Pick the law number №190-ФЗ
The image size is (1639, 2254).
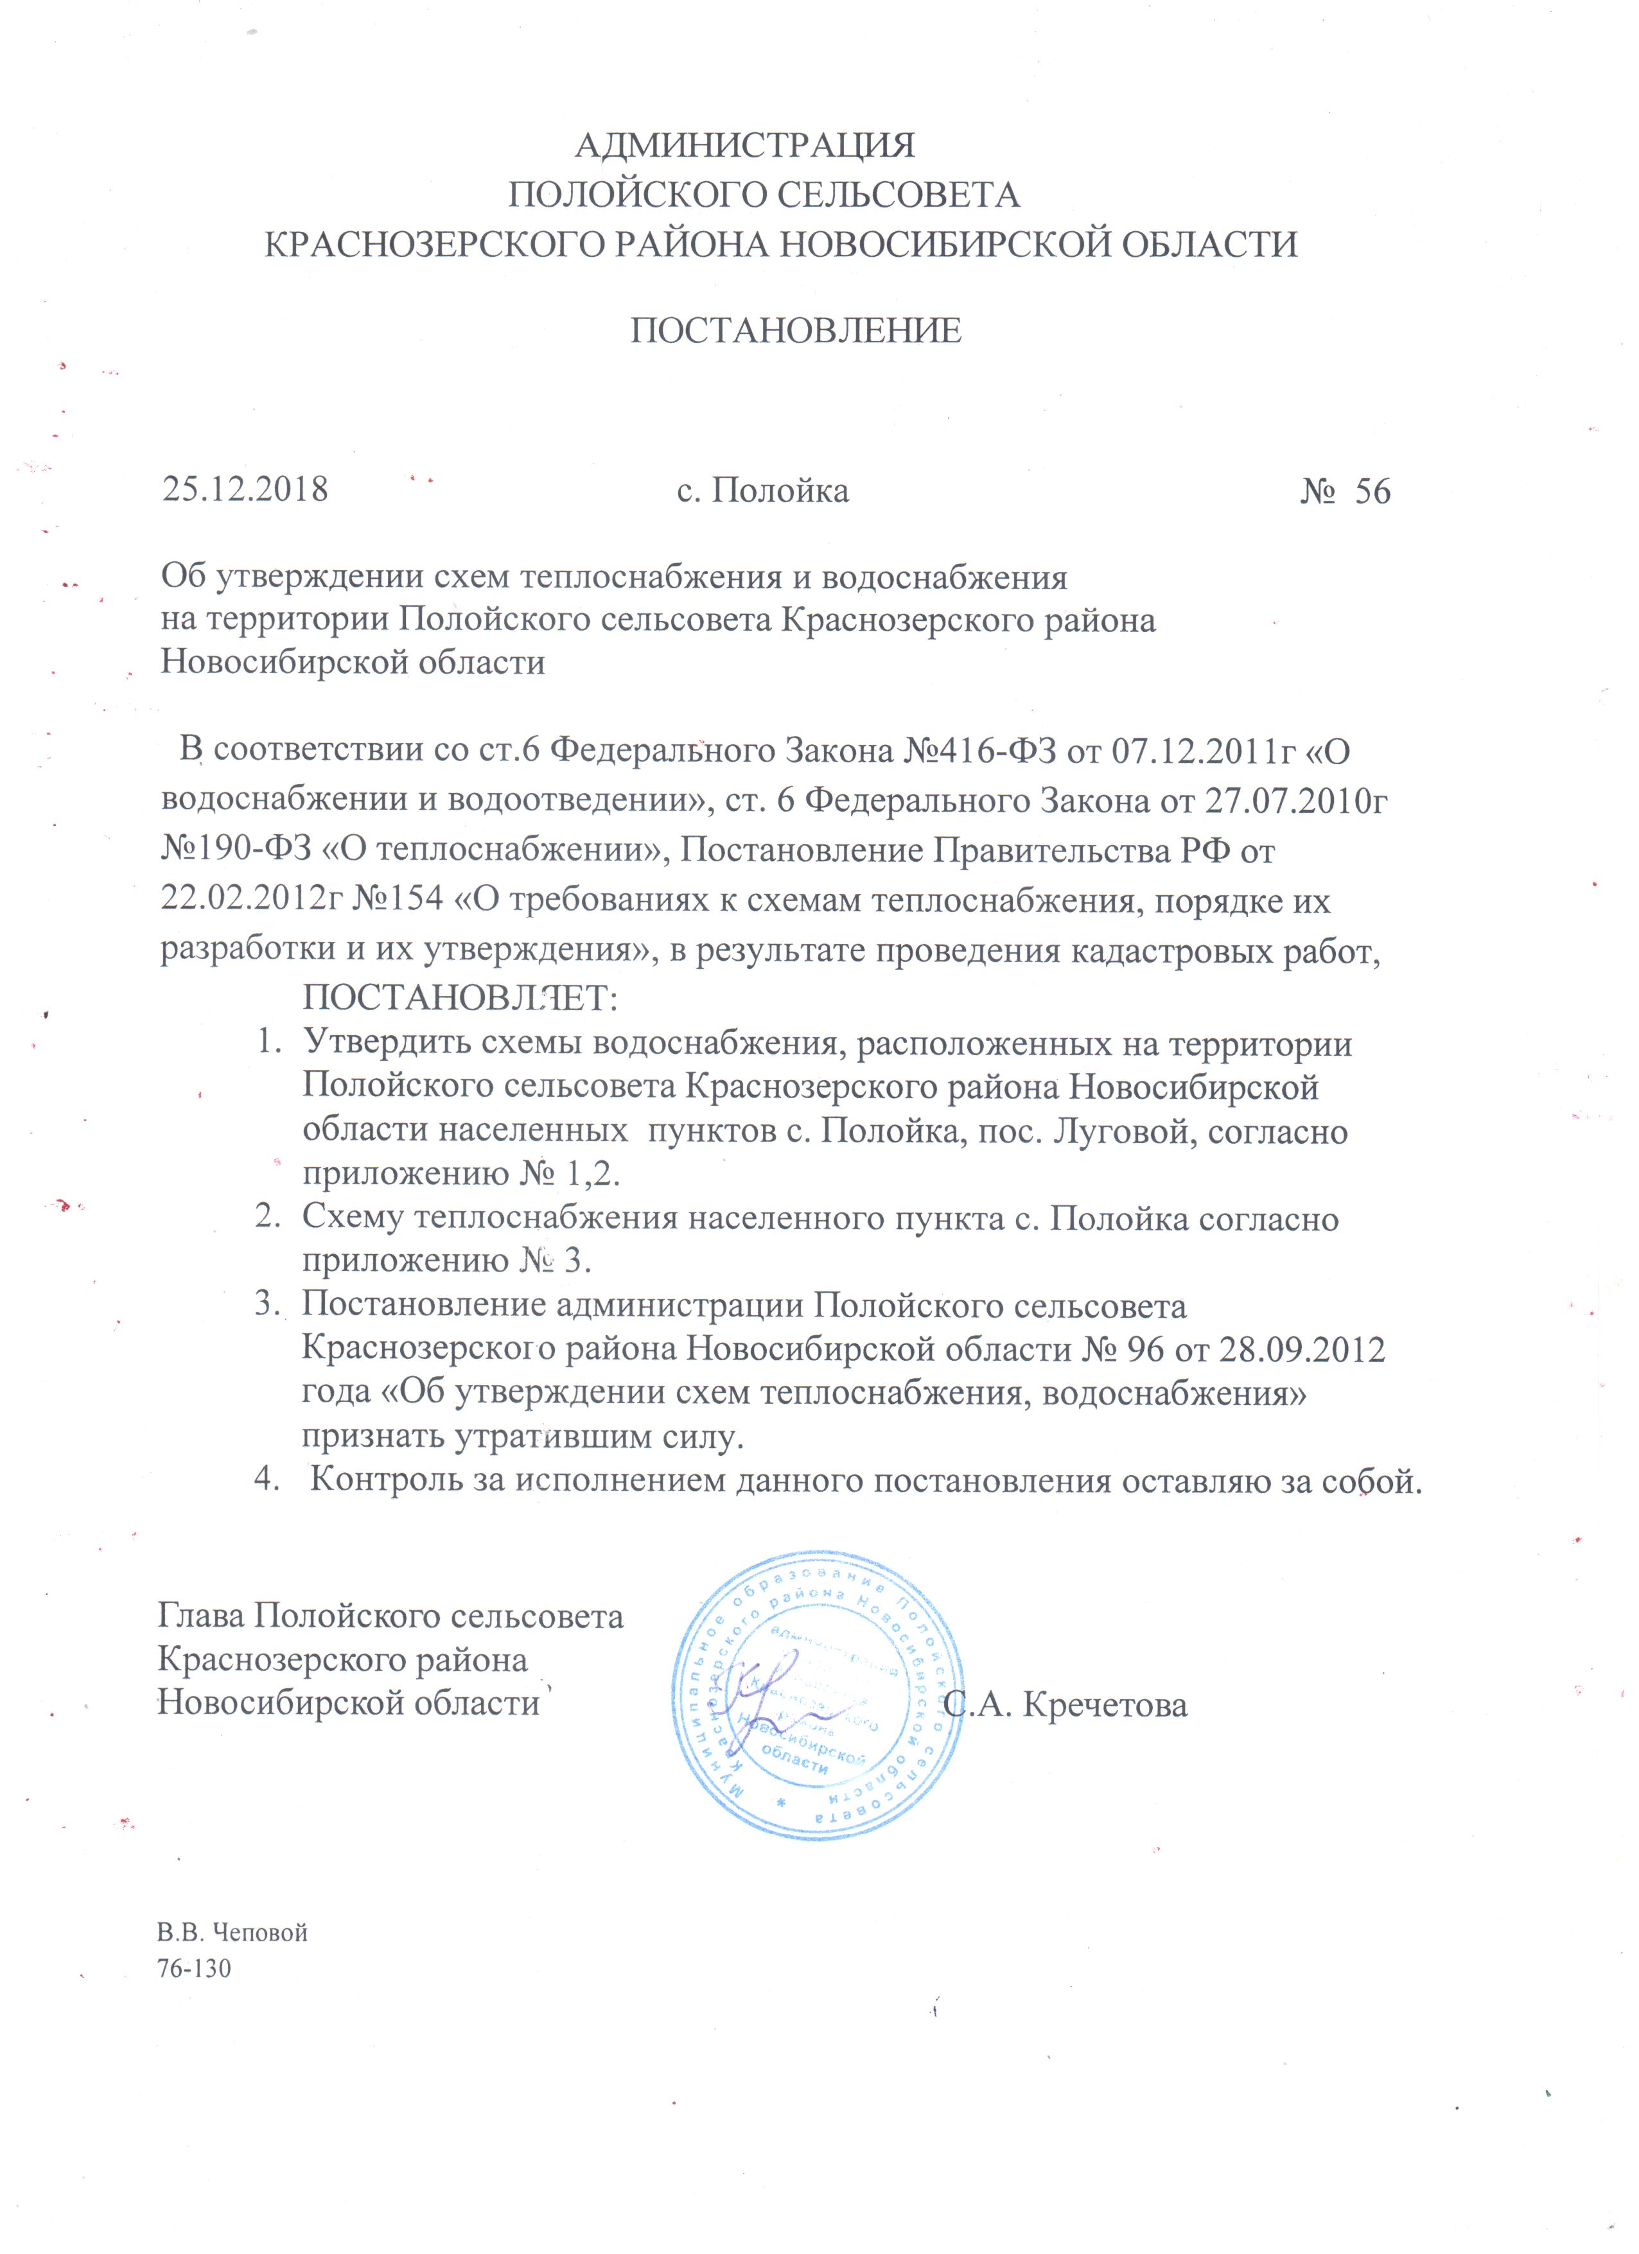pyautogui.click(x=238, y=851)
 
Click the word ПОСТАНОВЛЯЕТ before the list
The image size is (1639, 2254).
pyautogui.click(x=459, y=997)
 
